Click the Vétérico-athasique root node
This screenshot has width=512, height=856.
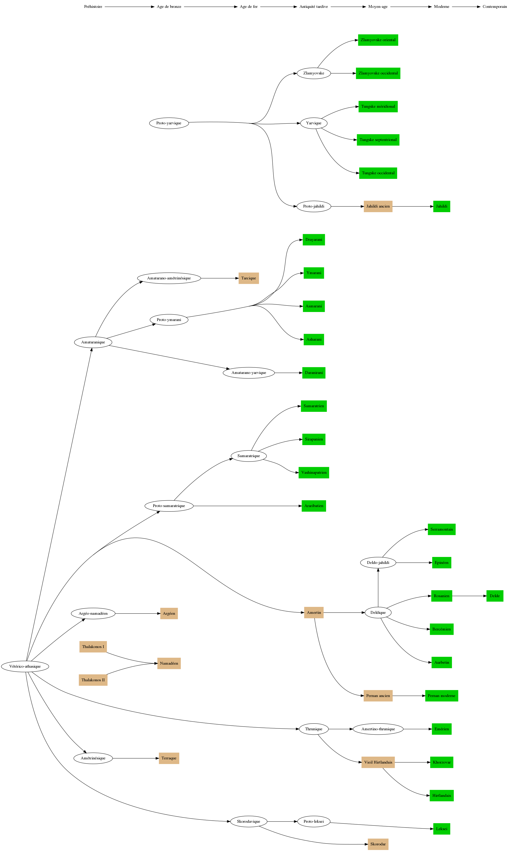pos(25,666)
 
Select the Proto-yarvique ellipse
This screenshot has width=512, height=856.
pos(169,123)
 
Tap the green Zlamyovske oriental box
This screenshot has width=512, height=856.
pos(378,40)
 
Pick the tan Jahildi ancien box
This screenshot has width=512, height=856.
pos(378,207)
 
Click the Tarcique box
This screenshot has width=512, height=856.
pos(248,278)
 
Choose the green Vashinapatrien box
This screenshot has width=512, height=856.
pos(314,473)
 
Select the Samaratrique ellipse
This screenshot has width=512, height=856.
pos(248,456)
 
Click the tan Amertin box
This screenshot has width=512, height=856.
pos(314,613)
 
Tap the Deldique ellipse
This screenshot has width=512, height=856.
pos(378,613)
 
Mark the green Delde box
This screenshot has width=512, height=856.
pos(494,596)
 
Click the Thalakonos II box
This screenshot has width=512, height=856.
pos(93,680)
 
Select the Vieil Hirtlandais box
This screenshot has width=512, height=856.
pos(378,762)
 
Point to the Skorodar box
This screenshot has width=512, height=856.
pos(378,844)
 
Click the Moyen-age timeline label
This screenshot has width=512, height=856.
pos(378,6)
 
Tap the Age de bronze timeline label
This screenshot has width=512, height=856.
pos(169,6)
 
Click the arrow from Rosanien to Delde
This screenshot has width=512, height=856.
pos(469,596)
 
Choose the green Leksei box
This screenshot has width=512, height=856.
pos(441,829)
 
